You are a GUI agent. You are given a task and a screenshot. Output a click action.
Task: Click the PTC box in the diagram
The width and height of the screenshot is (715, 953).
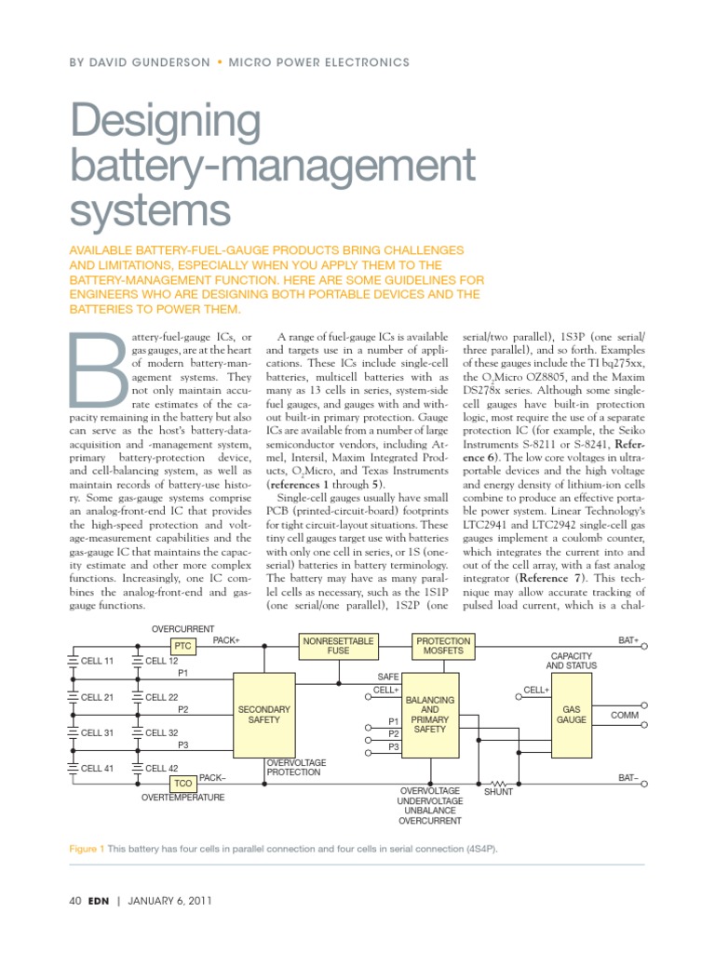(x=182, y=646)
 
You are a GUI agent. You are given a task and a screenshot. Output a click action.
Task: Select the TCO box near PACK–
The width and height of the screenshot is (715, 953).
(x=182, y=784)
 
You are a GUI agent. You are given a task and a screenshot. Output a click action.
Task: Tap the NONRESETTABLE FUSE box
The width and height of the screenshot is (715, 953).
(x=338, y=646)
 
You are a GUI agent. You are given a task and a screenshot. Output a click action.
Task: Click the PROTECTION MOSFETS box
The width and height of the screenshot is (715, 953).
(x=442, y=646)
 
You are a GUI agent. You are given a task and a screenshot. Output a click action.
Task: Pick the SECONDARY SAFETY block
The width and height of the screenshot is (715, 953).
(x=265, y=714)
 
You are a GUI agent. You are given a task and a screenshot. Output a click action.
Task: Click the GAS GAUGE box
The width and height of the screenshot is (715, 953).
(x=571, y=714)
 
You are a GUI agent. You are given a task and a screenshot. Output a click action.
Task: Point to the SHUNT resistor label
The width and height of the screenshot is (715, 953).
(x=498, y=792)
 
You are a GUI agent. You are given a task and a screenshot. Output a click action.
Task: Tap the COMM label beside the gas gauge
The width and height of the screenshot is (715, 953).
(x=624, y=715)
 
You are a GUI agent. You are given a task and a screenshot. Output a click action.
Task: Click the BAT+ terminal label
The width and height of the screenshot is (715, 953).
(x=629, y=640)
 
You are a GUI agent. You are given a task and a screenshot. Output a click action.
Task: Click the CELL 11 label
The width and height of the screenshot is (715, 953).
(x=97, y=661)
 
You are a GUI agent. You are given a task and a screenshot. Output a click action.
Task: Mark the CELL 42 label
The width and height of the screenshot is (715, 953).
(x=162, y=768)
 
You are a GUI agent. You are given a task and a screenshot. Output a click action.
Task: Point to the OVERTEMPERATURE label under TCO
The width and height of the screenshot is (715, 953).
(x=182, y=798)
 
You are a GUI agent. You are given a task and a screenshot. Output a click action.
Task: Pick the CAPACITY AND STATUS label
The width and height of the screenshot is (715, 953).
(x=571, y=660)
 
